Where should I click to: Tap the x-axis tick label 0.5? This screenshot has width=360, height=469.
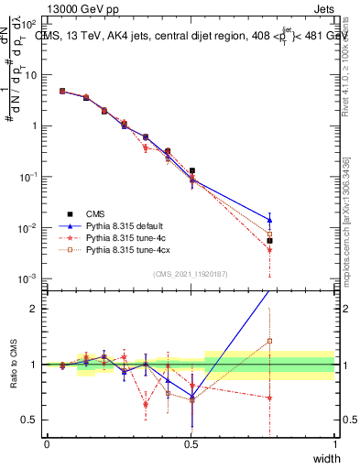click(x=191, y=444)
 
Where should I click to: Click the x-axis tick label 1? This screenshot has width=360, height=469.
click(x=335, y=444)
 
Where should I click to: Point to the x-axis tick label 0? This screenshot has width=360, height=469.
click(x=47, y=444)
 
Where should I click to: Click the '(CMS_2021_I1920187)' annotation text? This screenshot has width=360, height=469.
click(x=191, y=273)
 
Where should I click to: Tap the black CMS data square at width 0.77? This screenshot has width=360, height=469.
click(x=269, y=241)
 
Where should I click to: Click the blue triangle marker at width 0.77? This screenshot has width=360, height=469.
click(x=269, y=220)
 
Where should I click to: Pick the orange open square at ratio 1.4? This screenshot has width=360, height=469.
click(x=269, y=342)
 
